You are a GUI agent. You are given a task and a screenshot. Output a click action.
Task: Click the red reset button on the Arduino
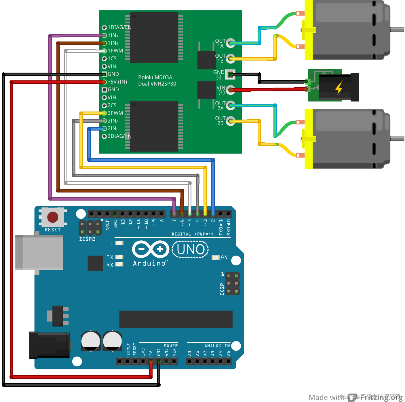(x=53, y=217)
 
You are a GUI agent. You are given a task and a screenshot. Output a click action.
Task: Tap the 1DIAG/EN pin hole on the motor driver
(x=104, y=28)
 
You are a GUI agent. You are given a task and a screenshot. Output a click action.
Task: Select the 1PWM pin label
(x=115, y=51)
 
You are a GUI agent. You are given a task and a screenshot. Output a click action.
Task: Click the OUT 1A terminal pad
(x=230, y=43)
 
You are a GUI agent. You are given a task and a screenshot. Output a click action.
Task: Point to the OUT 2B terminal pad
(x=230, y=121)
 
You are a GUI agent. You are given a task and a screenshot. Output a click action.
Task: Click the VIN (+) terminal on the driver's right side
(x=230, y=90)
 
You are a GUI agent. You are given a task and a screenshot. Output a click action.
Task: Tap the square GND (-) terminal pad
(x=230, y=75)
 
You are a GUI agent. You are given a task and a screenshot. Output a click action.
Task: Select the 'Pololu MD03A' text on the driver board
(x=155, y=77)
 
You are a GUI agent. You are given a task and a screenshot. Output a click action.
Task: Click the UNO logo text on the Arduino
(x=191, y=250)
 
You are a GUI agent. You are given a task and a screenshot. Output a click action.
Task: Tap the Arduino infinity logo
(x=151, y=249)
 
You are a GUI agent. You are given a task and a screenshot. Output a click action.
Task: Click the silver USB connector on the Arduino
(x=39, y=253)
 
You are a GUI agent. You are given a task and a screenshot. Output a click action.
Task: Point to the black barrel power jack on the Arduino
(x=50, y=345)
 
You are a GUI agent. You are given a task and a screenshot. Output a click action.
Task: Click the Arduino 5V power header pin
(x=151, y=361)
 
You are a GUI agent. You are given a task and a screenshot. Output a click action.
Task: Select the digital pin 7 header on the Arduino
(x=174, y=214)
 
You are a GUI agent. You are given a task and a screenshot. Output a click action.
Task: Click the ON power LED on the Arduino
(x=216, y=257)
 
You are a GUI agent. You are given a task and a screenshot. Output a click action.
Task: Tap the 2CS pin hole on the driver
(x=104, y=106)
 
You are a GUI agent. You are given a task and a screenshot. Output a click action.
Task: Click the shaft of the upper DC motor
(x=397, y=29)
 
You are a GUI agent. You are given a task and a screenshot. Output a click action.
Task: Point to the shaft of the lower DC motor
(x=397, y=138)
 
